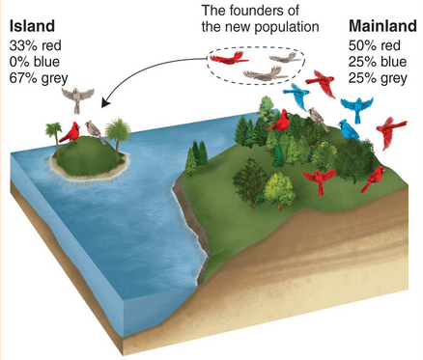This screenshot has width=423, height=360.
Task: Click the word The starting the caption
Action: click(x=213, y=10)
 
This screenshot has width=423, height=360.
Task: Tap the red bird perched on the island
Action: click(x=70, y=131)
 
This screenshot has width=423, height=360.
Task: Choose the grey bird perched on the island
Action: click(x=93, y=129)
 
